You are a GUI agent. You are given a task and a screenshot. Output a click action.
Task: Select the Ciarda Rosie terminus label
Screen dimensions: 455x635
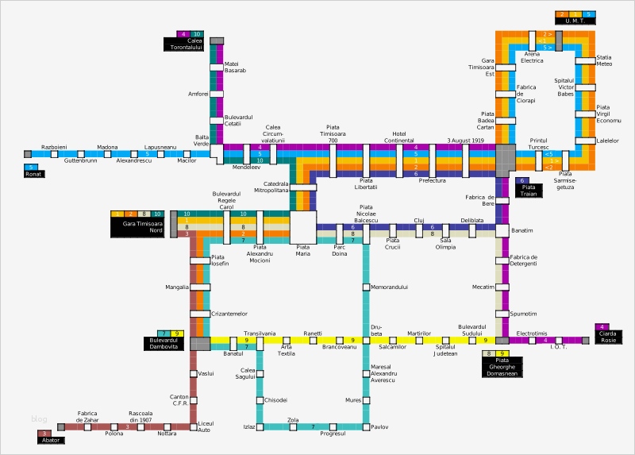pos(608,337)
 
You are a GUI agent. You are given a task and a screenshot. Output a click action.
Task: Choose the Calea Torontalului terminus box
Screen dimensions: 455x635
pos(184,44)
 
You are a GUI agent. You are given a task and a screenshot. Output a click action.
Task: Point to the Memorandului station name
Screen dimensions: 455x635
pos(389,287)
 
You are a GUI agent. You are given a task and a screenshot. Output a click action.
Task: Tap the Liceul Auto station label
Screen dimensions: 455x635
pos(206,426)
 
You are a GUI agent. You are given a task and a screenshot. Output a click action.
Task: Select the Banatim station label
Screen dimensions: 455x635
pos(522,231)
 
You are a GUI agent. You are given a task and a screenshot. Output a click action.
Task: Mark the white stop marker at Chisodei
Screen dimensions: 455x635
pos(259,400)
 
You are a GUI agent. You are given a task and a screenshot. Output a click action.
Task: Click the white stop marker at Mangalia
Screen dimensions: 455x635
pos(200,287)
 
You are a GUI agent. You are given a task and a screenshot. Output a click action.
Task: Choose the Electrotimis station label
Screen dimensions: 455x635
pos(532,334)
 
